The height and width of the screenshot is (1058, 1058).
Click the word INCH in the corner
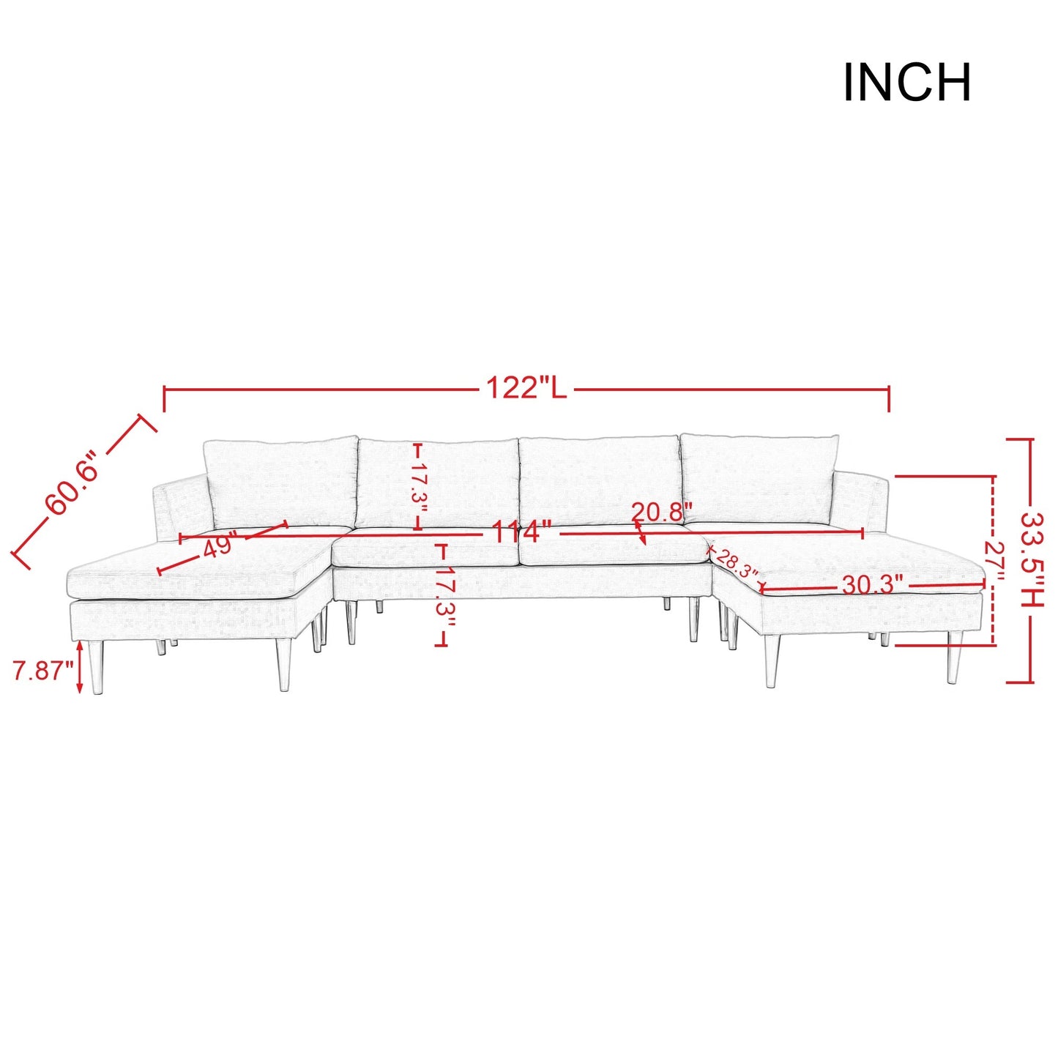906,82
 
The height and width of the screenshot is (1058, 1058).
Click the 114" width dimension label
521,532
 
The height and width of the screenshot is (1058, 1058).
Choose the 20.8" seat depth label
658,513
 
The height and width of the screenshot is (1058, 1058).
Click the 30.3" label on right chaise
873,586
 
